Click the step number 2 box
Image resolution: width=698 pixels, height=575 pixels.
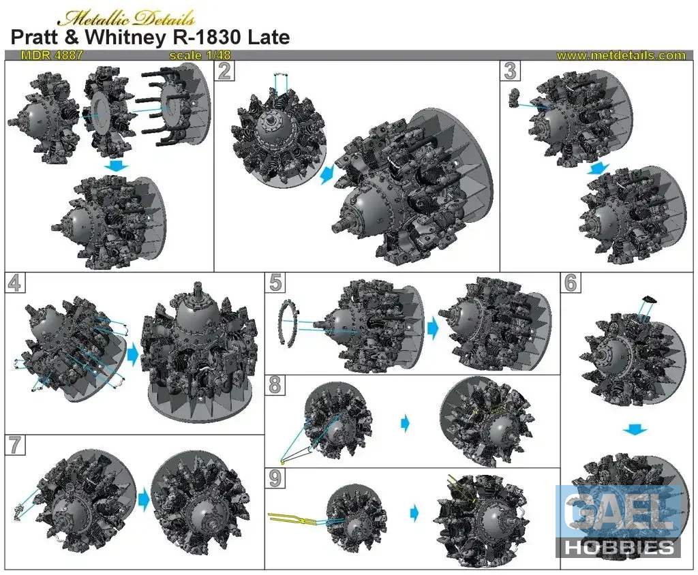tap(225, 71)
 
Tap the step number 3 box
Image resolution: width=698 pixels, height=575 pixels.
tap(510, 71)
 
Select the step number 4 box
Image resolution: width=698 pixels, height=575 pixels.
tap(15, 283)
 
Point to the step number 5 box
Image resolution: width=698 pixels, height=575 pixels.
tap(275, 283)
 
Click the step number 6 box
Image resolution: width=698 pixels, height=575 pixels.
tap(571, 283)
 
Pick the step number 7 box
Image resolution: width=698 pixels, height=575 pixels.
tap(15, 445)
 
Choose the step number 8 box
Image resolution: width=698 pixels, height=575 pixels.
tap(275, 385)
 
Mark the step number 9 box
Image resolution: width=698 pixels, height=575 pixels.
tap(275, 478)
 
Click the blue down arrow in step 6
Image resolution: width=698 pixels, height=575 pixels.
tap(635, 429)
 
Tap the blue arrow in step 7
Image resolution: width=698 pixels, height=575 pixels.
tap(144, 499)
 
